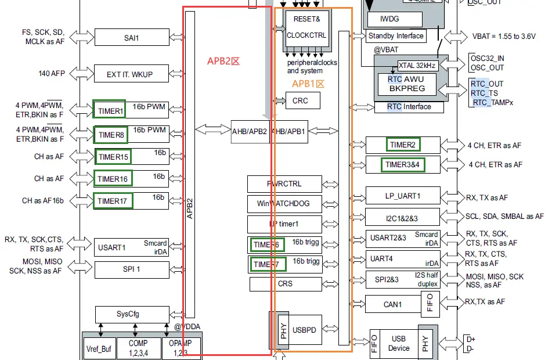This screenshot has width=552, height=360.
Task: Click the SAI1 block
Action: point(131,38)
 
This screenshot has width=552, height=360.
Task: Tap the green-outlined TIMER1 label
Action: point(110,110)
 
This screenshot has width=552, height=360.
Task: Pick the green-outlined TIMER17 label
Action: point(113,201)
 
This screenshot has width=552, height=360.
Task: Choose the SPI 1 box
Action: point(131,270)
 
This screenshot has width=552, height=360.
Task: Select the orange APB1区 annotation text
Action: point(308,84)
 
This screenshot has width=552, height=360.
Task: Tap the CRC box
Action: point(300,100)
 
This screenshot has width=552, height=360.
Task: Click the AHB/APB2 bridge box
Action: point(250,131)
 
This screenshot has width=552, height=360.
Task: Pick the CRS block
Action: point(286,284)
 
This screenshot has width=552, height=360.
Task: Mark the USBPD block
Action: point(305,330)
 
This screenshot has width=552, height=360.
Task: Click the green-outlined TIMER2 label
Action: point(403,144)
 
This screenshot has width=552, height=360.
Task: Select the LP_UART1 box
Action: point(402,196)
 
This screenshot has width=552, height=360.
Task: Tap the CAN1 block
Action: point(393,304)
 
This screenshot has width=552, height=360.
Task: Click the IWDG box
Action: point(389,19)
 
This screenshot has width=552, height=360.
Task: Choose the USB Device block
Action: point(399,343)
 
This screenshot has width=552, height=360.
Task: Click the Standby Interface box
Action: point(396,36)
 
